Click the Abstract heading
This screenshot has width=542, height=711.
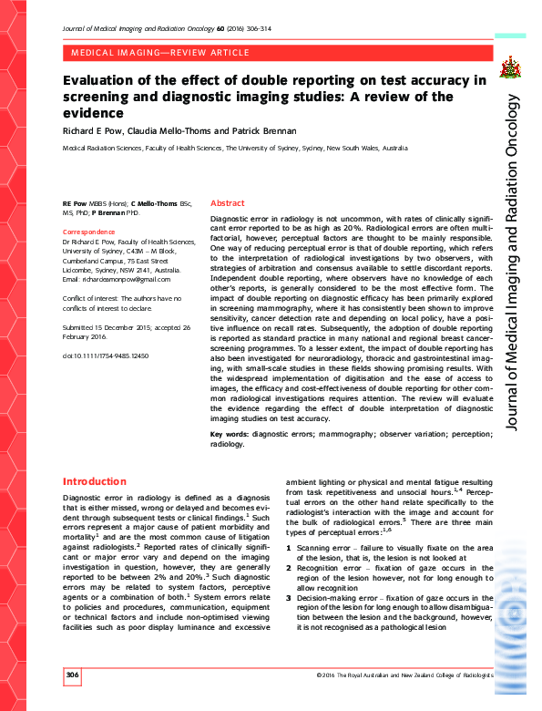(227, 203)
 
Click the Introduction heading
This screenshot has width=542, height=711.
(95, 481)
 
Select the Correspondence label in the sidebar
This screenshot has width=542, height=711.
(89, 232)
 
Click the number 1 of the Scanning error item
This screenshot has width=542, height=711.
(289, 547)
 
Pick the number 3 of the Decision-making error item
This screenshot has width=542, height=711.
(289, 593)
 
